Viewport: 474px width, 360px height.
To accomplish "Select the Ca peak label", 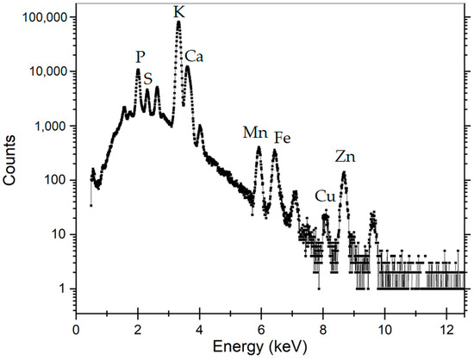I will coord(194,56).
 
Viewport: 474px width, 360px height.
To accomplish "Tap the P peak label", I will coord(140,56).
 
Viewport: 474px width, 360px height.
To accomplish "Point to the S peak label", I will coord(148,78).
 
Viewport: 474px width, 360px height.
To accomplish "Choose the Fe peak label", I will coord(283,138).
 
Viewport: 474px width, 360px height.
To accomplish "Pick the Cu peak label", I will coord(325,196).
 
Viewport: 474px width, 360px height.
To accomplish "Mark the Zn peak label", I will coord(346,157).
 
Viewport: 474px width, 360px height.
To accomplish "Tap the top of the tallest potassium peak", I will coord(178,23).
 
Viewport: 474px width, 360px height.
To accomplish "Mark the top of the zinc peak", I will coord(344,172).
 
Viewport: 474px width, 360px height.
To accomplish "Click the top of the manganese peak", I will coord(259,148).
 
